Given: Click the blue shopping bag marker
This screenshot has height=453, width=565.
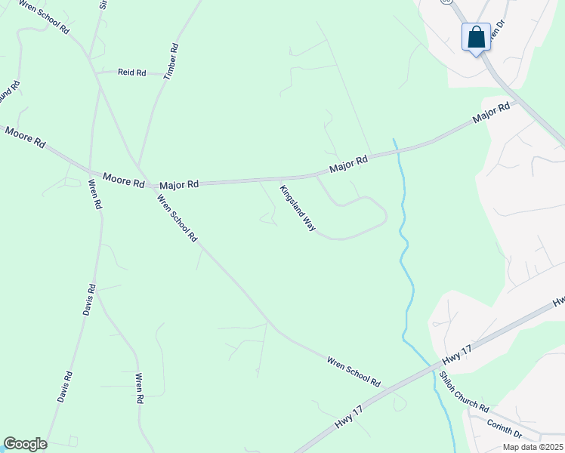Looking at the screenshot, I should [476, 37].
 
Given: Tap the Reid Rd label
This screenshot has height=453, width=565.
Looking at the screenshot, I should [131, 72].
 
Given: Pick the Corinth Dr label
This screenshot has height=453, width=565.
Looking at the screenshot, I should [505, 427].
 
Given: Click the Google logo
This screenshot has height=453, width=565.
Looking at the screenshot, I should [25, 444].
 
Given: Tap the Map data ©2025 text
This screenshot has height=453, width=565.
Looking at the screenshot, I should [532, 447].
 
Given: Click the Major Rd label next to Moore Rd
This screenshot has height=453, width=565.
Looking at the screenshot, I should [179, 183].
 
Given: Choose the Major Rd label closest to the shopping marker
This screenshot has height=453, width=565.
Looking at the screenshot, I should [491, 114].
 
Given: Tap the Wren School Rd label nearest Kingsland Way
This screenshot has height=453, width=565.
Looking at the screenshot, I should [177, 218].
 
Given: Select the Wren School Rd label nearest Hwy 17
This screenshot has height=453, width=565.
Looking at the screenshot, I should [354, 371].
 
